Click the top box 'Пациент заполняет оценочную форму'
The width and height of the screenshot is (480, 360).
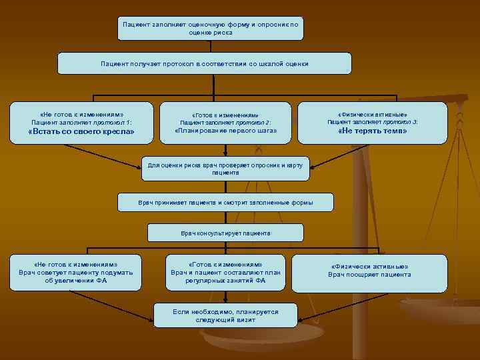(x=210, y=28)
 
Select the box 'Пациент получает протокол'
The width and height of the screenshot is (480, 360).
(x=204, y=63)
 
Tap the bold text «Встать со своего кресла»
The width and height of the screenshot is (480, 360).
(x=81, y=132)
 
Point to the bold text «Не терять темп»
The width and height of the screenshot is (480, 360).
(x=372, y=131)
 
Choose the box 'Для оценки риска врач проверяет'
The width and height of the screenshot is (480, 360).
(x=225, y=168)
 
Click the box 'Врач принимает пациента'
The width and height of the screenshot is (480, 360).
(x=225, y=201)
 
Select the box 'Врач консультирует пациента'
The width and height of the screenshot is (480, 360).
(x=225, y=233)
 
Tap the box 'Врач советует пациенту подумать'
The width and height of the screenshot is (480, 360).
(x=75, y=272)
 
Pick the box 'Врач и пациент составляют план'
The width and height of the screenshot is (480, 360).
(x=225, y=272)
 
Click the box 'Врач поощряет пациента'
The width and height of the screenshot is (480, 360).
(x=369, y=271)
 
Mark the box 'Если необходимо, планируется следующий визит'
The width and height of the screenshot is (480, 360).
(x=225, y=315)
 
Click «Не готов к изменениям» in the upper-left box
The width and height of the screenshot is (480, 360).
(x=81, y=113)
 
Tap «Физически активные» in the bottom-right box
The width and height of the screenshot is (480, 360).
(x=369, y=266)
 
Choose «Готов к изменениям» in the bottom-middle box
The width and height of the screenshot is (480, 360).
(x=225, y=264)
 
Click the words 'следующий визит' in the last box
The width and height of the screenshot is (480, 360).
(x=225, y=320)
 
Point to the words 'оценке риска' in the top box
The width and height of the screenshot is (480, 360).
(x=211, y=32)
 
